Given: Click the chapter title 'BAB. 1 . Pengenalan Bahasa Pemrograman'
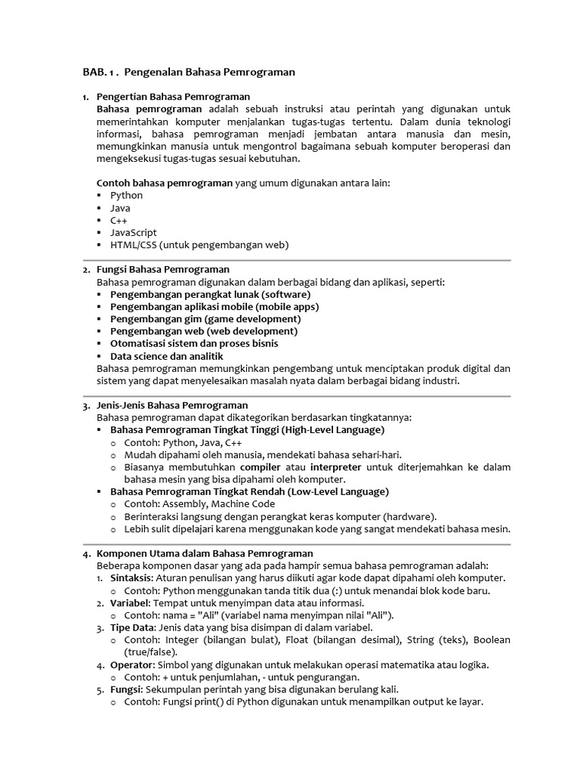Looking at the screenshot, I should (x=188, y=72).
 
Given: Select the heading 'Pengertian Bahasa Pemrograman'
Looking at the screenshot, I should (x=173, y=97).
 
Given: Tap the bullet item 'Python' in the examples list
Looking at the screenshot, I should (x=126, y=195).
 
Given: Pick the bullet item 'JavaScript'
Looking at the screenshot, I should (x=133, y=232).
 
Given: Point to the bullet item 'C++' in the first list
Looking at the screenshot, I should (x=119, y=220).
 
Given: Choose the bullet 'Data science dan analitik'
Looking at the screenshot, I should (x=167, y=356).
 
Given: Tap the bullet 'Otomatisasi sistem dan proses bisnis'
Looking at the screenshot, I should (x=194, y=343).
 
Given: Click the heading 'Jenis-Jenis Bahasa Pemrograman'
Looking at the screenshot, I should (x=172, y=405).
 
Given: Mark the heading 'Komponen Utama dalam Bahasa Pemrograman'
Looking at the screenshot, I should (x=205, y=553).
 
